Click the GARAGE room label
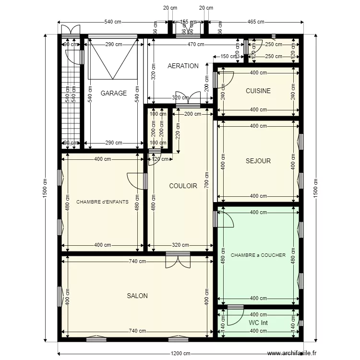[114, 93]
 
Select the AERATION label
[183, 66]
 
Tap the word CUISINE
[258, 91]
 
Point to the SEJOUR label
[258, 161]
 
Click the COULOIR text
[183, 186]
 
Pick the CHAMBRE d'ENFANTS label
[102, 202]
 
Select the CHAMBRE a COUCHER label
[258, 255]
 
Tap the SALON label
[137, 296]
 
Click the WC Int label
[258, 323]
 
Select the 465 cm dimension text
[255, 22]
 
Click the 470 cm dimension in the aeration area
[195, 44]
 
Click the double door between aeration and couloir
[188, 97]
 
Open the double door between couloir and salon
[178, 261]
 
